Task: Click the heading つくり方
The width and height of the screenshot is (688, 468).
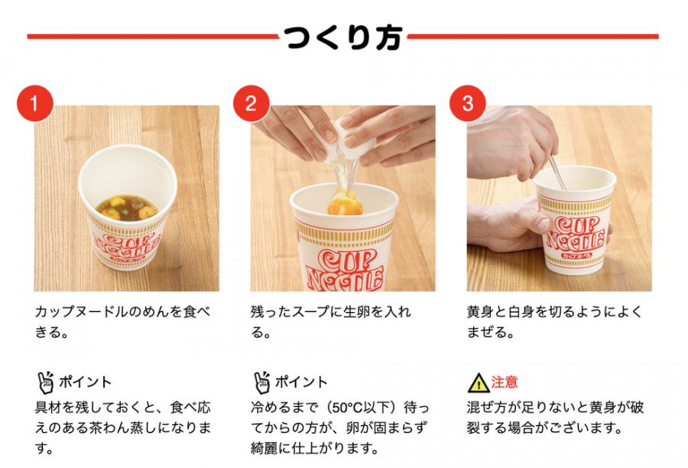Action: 343,37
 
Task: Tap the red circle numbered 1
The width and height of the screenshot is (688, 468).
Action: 34,103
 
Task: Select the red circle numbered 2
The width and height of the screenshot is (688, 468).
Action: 251,103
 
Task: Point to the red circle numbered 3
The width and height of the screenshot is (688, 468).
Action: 468,103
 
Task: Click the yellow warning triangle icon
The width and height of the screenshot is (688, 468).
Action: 478,383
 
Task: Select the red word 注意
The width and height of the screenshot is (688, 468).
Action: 505,382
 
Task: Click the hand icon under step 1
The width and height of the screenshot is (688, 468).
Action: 45,382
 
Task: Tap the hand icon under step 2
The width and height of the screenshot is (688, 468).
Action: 261,382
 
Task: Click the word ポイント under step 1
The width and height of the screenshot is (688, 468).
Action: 85,382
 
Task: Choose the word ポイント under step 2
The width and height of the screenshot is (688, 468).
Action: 301,382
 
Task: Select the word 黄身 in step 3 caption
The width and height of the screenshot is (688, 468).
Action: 480,312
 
